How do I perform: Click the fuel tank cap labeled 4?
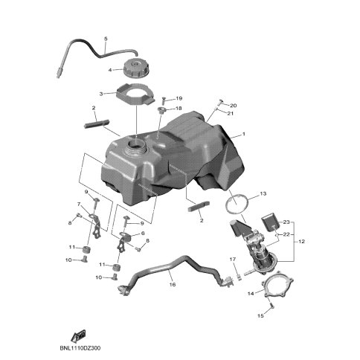[136, 68]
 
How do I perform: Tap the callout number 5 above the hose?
[106, 39]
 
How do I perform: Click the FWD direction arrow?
[79, 335]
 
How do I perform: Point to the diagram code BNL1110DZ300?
[80, 348]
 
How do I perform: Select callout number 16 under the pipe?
[173, 284]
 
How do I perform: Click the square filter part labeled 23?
[271, 223]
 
